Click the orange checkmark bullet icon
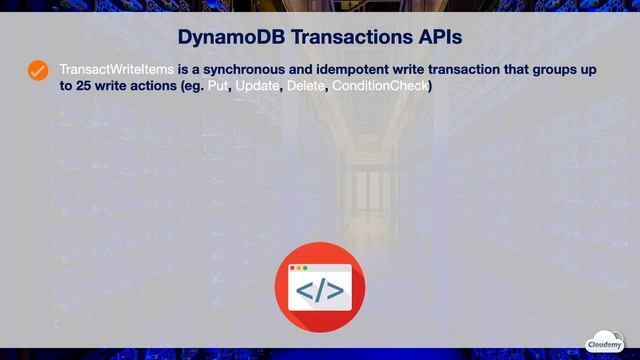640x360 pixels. (38, 70)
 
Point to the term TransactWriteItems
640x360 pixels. (116, 69)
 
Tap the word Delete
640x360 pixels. (306, 87)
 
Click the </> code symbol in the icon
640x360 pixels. (320, 291)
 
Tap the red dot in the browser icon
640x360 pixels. (293, 268)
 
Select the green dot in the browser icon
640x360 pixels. (305, 268)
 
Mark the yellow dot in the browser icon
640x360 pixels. (299, 268)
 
